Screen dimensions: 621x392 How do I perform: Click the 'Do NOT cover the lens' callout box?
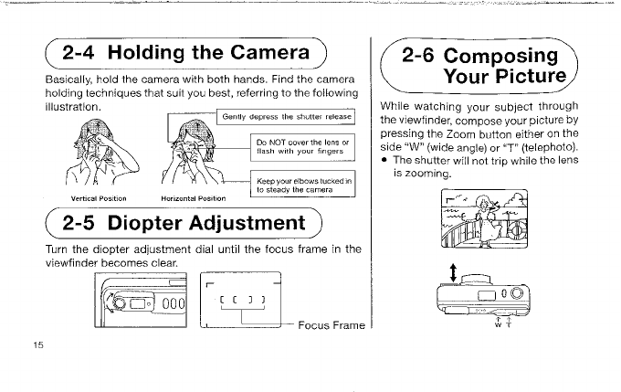(x=302, y=149)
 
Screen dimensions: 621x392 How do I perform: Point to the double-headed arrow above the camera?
(x=453, y=273)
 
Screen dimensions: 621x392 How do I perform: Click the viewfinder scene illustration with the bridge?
(x=481, y=219)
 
